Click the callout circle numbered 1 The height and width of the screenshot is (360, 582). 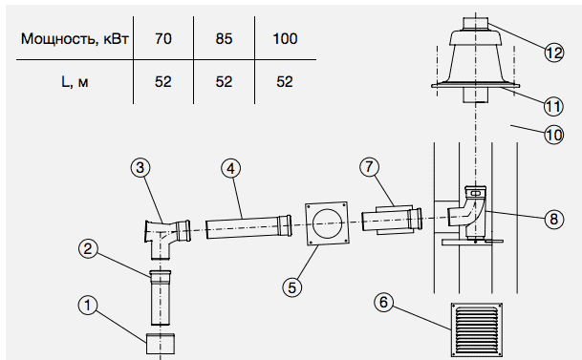(x=88, y=306)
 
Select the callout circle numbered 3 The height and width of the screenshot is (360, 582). (x=140, y=167)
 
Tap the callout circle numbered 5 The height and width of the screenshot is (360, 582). (x=292, y=287)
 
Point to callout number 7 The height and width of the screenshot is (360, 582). (x=369, y=167)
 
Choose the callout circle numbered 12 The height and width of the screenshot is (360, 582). (x=554, y=53)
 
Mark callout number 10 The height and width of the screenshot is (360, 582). (x=554, y=135)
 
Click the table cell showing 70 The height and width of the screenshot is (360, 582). (x=163, y=38)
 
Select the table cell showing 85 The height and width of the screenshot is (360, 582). (x=224, y=38)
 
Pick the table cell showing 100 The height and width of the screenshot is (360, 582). (x=285, y=38)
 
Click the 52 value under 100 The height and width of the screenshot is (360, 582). (x=285, y=81)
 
